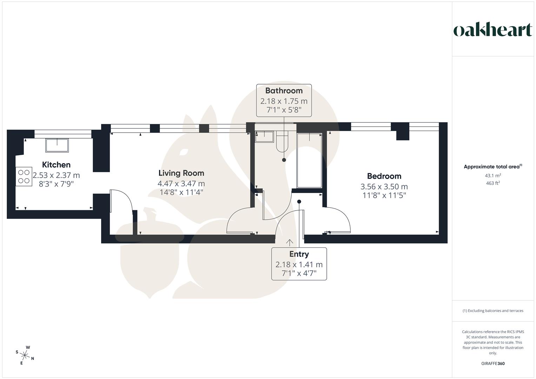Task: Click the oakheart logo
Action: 492,30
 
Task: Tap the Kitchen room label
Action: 56,165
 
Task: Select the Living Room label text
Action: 181,173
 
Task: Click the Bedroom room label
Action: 384,176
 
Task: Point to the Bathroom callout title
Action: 284,91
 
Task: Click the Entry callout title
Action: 299,254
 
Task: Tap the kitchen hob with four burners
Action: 24,177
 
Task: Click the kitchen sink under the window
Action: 57,145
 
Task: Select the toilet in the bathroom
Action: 282,142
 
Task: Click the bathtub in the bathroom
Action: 309,161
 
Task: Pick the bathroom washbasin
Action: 264,136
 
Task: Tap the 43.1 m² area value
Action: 493,175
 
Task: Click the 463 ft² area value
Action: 493,183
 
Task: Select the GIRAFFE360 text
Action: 493,364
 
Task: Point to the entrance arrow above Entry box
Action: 290,242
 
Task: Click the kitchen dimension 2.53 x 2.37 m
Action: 56,175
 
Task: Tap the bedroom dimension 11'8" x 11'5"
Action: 384,195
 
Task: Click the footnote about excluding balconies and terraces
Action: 493,311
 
